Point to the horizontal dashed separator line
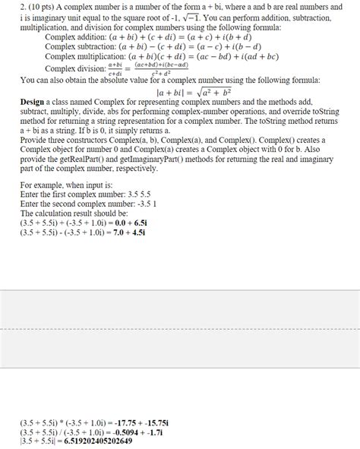pyautogui.click(x=180, y=329)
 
